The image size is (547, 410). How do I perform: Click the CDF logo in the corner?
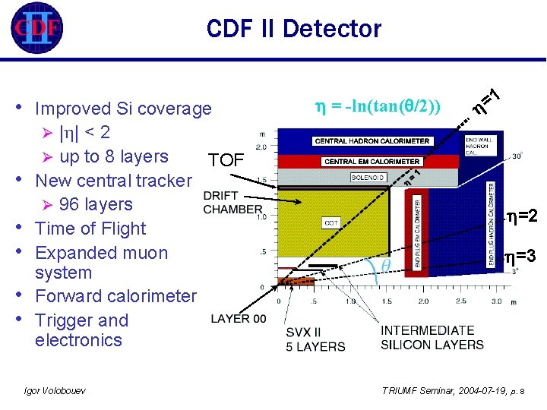[x=36, y=30]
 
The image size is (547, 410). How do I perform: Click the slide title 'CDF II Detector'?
[x=293, y=30]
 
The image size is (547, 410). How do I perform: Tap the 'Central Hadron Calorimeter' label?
[x=372, y=141]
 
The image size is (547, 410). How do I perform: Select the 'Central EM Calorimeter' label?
[x=372, y=161]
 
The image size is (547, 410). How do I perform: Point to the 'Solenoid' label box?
[x=368, y=178]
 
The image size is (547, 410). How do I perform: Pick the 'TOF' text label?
[x=226, y=160]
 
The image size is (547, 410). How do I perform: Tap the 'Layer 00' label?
[x=238, y=318]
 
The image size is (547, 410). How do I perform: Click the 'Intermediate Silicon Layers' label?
[x=432, y=337]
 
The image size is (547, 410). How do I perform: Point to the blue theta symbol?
[x=385, y=265]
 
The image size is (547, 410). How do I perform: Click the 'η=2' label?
[x=522, y=216]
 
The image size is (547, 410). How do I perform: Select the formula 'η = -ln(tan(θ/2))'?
[x=379, y=105]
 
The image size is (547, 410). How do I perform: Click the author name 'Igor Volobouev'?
[x=55, y=390]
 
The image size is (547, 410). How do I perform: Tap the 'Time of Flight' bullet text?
[x=90, y=229]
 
